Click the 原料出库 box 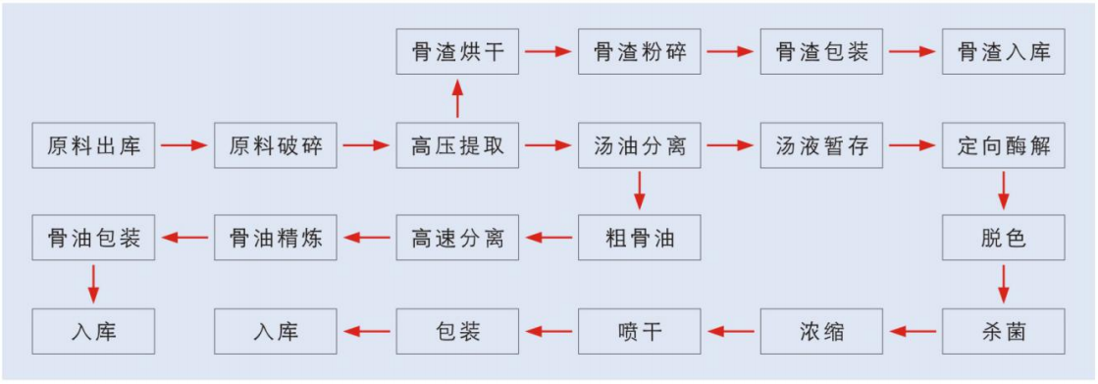[x=93, y=145]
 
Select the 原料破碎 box [x=276, y=145]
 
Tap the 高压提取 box [x=457, y=145]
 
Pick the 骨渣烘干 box [x=457, y=51]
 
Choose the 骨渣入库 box [x=1003, y=51]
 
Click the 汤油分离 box [x=640, y=145]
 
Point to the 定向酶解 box [x=1003, y=145]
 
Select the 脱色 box [x=1003, y=237]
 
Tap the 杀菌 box [x=1003, y=330]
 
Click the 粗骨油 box [x=640, y=237]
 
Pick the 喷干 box [x=640, y=330]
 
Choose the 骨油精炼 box [x=276, y=237]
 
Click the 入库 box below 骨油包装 [x=93, y=330]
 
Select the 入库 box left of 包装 [x=276, y=330]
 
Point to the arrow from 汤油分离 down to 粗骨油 [x=640, y=191]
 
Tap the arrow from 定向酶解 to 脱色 [x=1003, y=191]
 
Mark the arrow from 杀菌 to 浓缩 [x=913, y=331]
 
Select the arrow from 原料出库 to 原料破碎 [x=184, y=146]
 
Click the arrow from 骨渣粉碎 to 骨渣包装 [x=731, y=51]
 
